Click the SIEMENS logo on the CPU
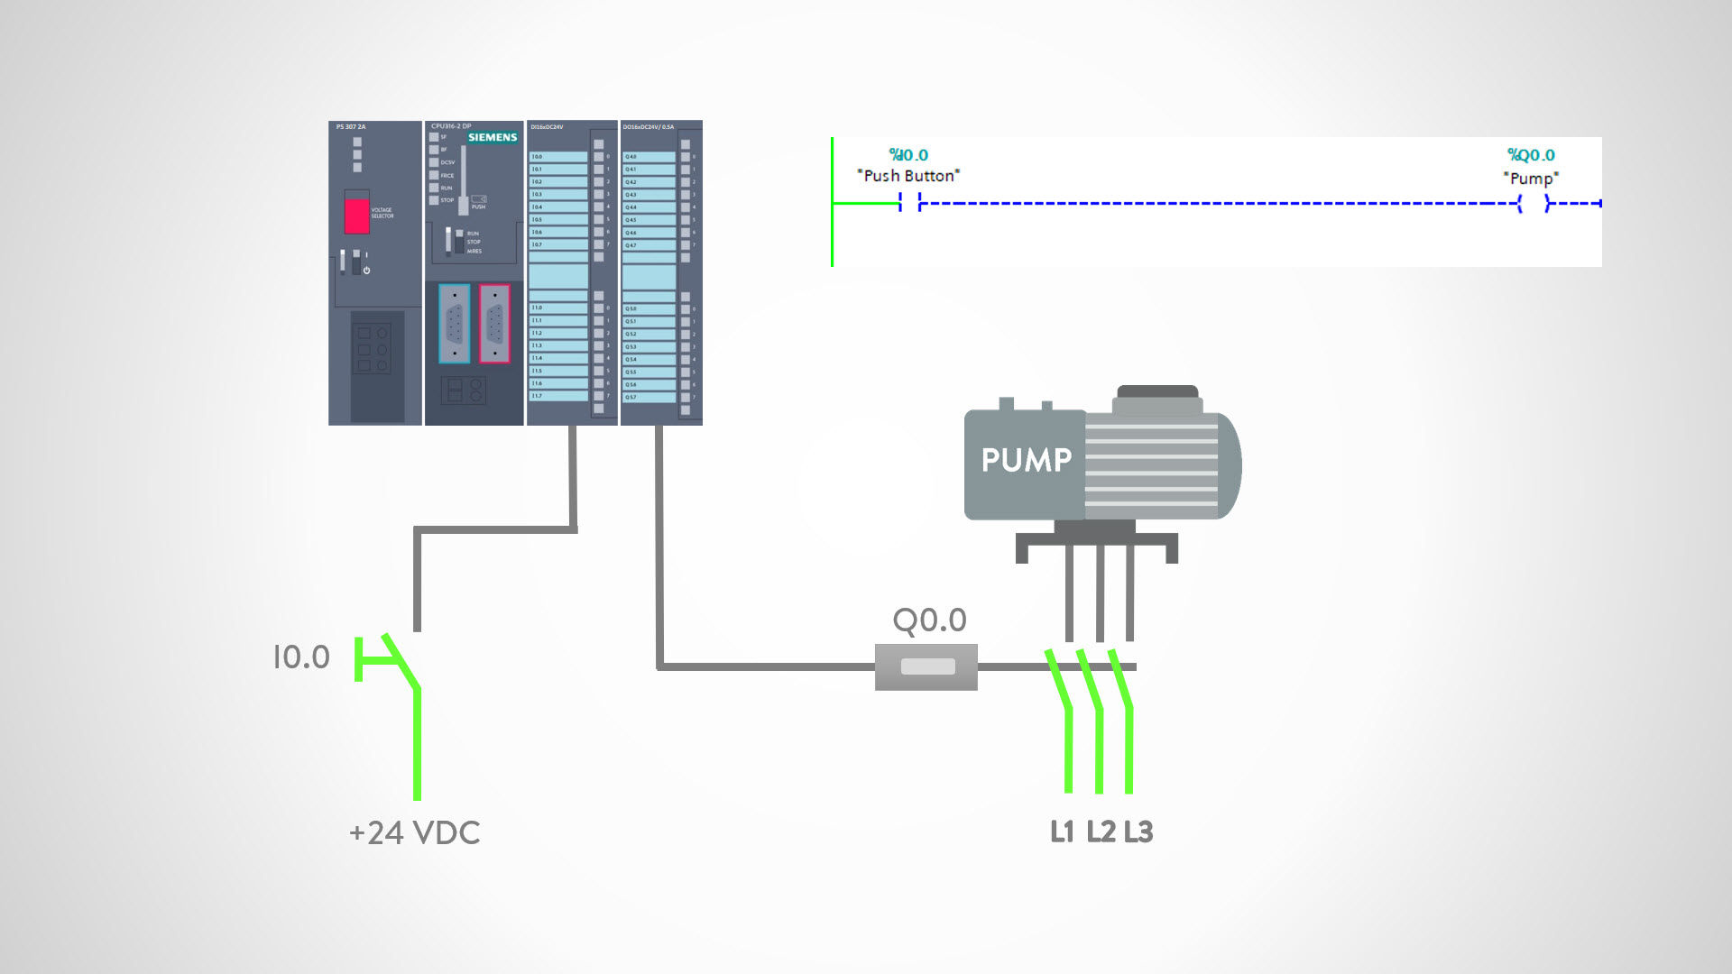click(492, 137)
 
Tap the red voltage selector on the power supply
click(356, 215)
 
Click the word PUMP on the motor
click(1026, 460)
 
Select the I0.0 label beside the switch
click(301, 657)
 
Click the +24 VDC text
click(414, 832)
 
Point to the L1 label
click(1062, 832)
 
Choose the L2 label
click(1101, 832)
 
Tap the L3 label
click(1138, 832)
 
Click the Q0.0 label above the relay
click(929, 620)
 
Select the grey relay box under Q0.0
click(926, 667)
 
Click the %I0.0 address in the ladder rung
click(907, 155)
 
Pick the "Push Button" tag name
click(907, 176)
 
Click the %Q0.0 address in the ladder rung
click(1531, 155)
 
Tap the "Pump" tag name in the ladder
click(1531, 179)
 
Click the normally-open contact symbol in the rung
click(909, 204)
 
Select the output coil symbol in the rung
click(1534, 204)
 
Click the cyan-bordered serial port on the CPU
click(454, 324)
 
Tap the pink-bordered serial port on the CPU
click(494, 324)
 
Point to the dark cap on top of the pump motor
click(1157, 392)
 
